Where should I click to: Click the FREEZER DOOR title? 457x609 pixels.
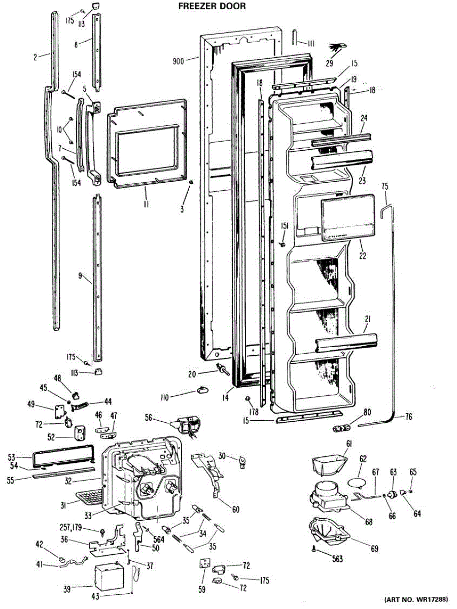(x=212, y=6)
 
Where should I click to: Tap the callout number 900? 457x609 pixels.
(x=179, y=61)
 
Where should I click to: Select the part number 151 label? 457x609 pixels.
(x=285, y=226)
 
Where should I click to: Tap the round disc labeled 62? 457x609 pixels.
(x=356, y=482)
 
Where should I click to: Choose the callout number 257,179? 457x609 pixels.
(x=71, y=527)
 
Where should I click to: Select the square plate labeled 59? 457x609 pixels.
(x=204, y=564)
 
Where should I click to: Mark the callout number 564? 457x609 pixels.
(x=159, y=539)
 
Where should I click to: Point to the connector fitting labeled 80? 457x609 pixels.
(x=341, y=429)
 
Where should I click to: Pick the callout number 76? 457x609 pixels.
(x=408, y=416)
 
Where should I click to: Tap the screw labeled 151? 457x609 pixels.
(x=283, y=244)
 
